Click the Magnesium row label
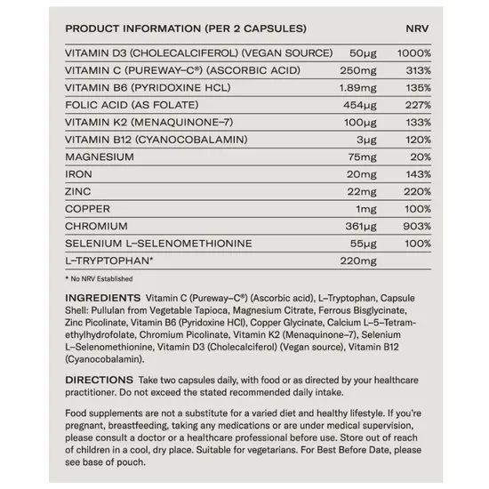[100, 156]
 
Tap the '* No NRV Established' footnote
[98, 278]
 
